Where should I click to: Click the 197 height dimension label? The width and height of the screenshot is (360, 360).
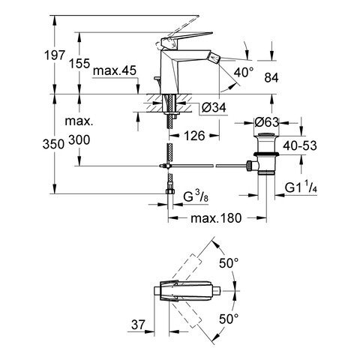click(55, 55)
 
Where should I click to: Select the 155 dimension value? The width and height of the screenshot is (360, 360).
click(79, 63)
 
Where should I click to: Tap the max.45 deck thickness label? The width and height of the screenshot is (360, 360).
click(115, 70)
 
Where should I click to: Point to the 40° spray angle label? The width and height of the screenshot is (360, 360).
click(244, 73)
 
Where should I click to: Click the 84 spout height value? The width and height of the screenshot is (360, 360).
click(271, 78)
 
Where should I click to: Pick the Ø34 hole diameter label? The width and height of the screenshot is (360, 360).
click(214, 108)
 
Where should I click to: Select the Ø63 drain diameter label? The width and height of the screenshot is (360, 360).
click(267, 122)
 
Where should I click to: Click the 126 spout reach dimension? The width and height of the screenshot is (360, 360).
click(194, 136)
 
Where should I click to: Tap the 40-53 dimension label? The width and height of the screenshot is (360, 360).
click(300, 145)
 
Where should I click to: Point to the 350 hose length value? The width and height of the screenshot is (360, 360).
click(53, 144)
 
